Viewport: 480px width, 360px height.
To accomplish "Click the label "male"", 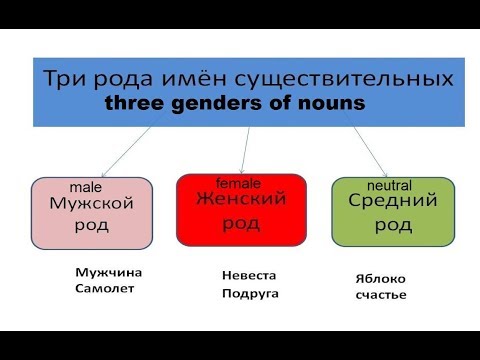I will [x=86, y=187].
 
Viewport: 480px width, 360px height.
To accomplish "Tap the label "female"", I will [x=237, y=182].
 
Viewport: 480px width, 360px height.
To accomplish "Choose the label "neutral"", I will [x=389, y=186].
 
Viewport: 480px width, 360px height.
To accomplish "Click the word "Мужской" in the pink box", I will [x=91, y=204].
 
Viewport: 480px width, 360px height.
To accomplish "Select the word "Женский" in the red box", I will [x=241, y=199].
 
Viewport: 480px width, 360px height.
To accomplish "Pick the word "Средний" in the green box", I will [x=392, y=202].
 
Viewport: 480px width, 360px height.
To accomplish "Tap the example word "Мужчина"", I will [x=108, y=272].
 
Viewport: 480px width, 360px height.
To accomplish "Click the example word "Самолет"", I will [x=104, y=289].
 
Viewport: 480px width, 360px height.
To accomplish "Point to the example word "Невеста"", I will [x=248, y=275].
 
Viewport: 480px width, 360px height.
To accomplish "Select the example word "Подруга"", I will [x=250, y=294].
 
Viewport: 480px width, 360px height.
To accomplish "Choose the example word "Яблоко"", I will [x=381, y=279].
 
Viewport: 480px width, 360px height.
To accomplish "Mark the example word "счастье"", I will [x=380, y=295].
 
